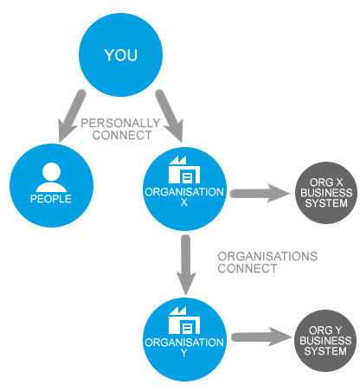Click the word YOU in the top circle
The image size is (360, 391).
click(x=120, y=54)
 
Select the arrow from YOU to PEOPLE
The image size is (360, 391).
click(x=71, y=116)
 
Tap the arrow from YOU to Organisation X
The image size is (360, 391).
click(x=170, y=116)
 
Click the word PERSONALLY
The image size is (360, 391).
click(x=120, y=123)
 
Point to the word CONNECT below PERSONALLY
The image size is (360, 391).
click(x=122, y=135)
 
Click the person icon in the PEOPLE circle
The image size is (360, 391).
click(x=51, y=177)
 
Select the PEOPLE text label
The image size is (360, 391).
click(x=51, y=199)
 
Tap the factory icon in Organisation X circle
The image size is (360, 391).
click(x=184, y=170)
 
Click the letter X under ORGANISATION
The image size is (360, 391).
click(x=184, y=202)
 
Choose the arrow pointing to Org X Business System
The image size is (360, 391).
click(x=260, y=193)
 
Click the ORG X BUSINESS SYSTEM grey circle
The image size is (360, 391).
click(x=326, y=193)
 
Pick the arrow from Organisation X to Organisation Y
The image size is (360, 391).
click(x=186, y=265)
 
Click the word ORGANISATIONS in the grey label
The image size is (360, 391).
click(x=267, y=256)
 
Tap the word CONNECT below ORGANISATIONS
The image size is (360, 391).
click(x=247, y=268)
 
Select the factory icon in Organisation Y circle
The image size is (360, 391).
click(x=184, y=320)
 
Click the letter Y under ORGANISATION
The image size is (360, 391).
click(x=184, y=353)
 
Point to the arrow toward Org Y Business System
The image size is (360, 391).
click(x=261, y=337)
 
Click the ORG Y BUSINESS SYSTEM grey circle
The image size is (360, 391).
click(x=325, y=341)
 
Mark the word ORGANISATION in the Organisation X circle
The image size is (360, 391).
click(x=184, y=192)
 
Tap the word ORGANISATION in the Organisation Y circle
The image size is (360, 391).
click(x=184, y=343)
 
